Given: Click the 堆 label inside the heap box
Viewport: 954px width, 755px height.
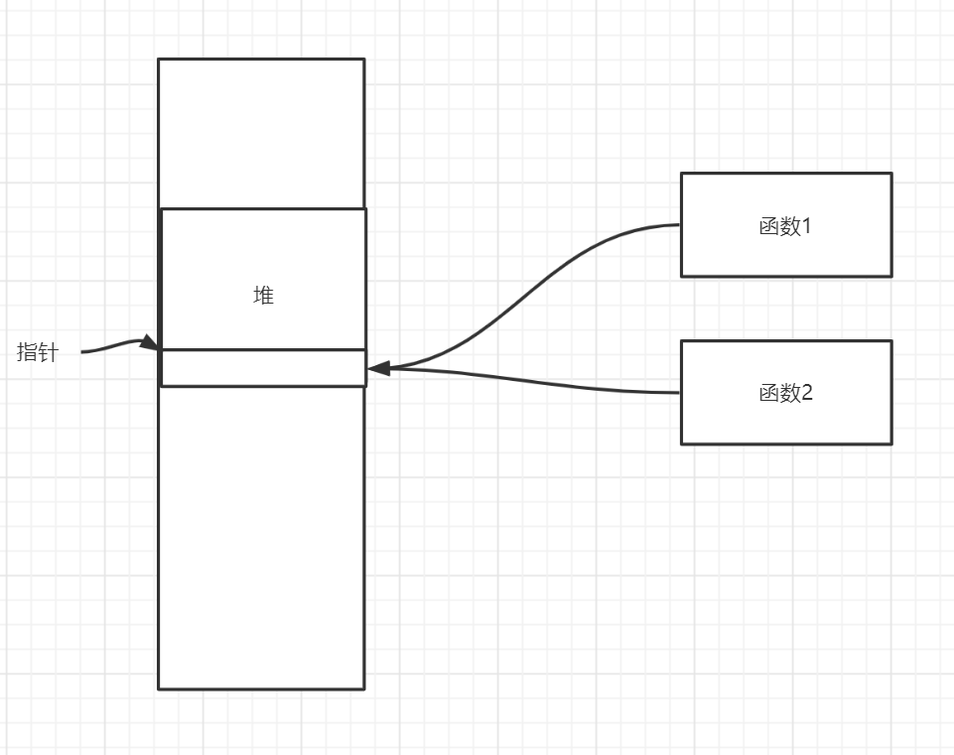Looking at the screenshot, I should [263, 296].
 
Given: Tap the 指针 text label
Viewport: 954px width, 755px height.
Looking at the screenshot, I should [38, 352].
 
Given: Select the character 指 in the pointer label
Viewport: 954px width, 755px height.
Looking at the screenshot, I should [28, 352].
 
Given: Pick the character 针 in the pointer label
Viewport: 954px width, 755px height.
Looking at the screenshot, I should [48, 352].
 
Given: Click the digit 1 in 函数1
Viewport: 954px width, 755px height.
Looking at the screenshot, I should [806, 226].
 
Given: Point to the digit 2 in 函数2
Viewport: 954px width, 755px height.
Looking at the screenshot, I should [806, 393].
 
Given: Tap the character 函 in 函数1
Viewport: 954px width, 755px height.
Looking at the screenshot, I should [768, 226].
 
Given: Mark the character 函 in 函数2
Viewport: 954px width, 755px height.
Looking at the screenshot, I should [768, 393].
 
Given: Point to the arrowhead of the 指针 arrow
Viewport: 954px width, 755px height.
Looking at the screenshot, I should [150, 343].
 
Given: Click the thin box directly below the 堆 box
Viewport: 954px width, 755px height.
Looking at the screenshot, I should [263, 367].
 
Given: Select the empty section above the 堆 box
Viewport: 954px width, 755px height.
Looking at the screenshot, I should [261, 134].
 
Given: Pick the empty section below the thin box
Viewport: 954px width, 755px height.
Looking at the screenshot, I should [261, 536].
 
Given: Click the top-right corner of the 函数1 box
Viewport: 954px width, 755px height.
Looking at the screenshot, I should [890, 174].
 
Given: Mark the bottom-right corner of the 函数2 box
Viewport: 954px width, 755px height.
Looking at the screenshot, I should [890, 442].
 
